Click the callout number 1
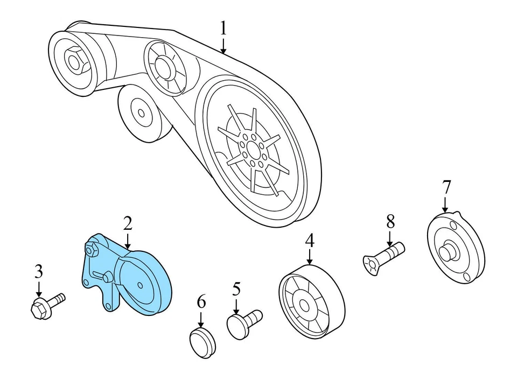pyautogui.click(x=223, y=29)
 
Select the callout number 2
pyautogui.click(x=127, y=223)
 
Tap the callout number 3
pyautogui.click(x=38, y=272)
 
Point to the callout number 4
pyautogui.click(x=310, y=241)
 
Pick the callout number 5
pyautogui.click(x=236, y=290)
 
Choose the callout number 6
pyautogui.click(x=201, y=302)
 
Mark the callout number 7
pyautogui.click(x=446, y=187)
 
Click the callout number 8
pyautogui.click(x=390, y=221)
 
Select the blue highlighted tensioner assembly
pyautogui.click(x=129, y=277)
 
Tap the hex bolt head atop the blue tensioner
pyautogui.click(x=92, y=249)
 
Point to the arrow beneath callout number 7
pyautogui.click(x=446, y=205)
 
